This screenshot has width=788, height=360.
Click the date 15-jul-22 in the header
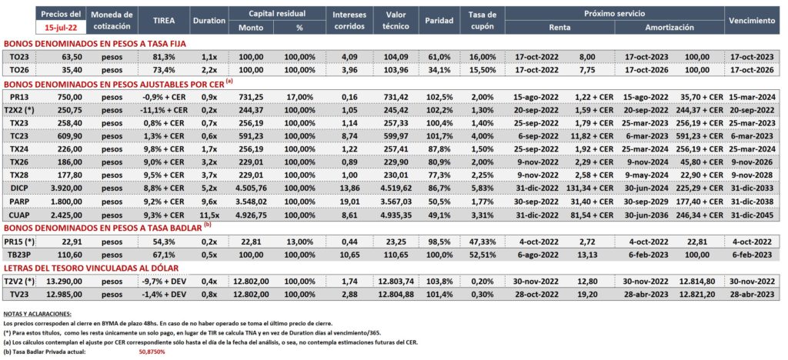(x=62, y=28)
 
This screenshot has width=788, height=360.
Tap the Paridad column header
(x=439, y=21)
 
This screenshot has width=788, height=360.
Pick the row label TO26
(x=19, y=70)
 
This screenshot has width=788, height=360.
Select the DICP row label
(x=19, y=188)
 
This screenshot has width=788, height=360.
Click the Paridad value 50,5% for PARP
(x=439, y=201)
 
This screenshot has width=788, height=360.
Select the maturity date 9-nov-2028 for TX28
(x=756, y=175)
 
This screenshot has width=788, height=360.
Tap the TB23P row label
(x=19, y=254)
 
